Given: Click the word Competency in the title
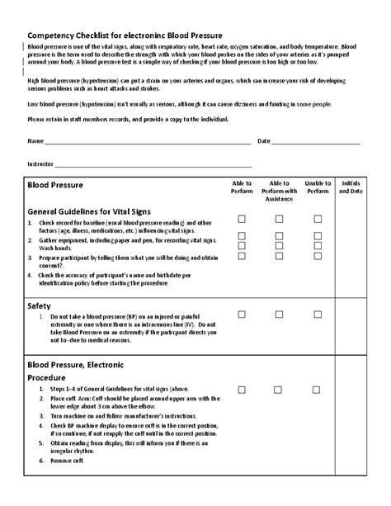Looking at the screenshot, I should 56,36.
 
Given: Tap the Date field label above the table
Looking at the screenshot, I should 264,141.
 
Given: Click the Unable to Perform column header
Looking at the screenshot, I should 318,187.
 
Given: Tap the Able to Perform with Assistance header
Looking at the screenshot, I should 279,191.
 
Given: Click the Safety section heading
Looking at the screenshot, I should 40,305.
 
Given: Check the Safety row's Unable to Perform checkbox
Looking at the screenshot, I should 318,314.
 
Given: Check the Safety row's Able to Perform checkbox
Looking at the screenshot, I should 242,314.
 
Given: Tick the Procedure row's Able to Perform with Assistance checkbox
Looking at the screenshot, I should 279,389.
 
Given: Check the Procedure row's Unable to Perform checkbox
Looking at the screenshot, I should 318,389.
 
